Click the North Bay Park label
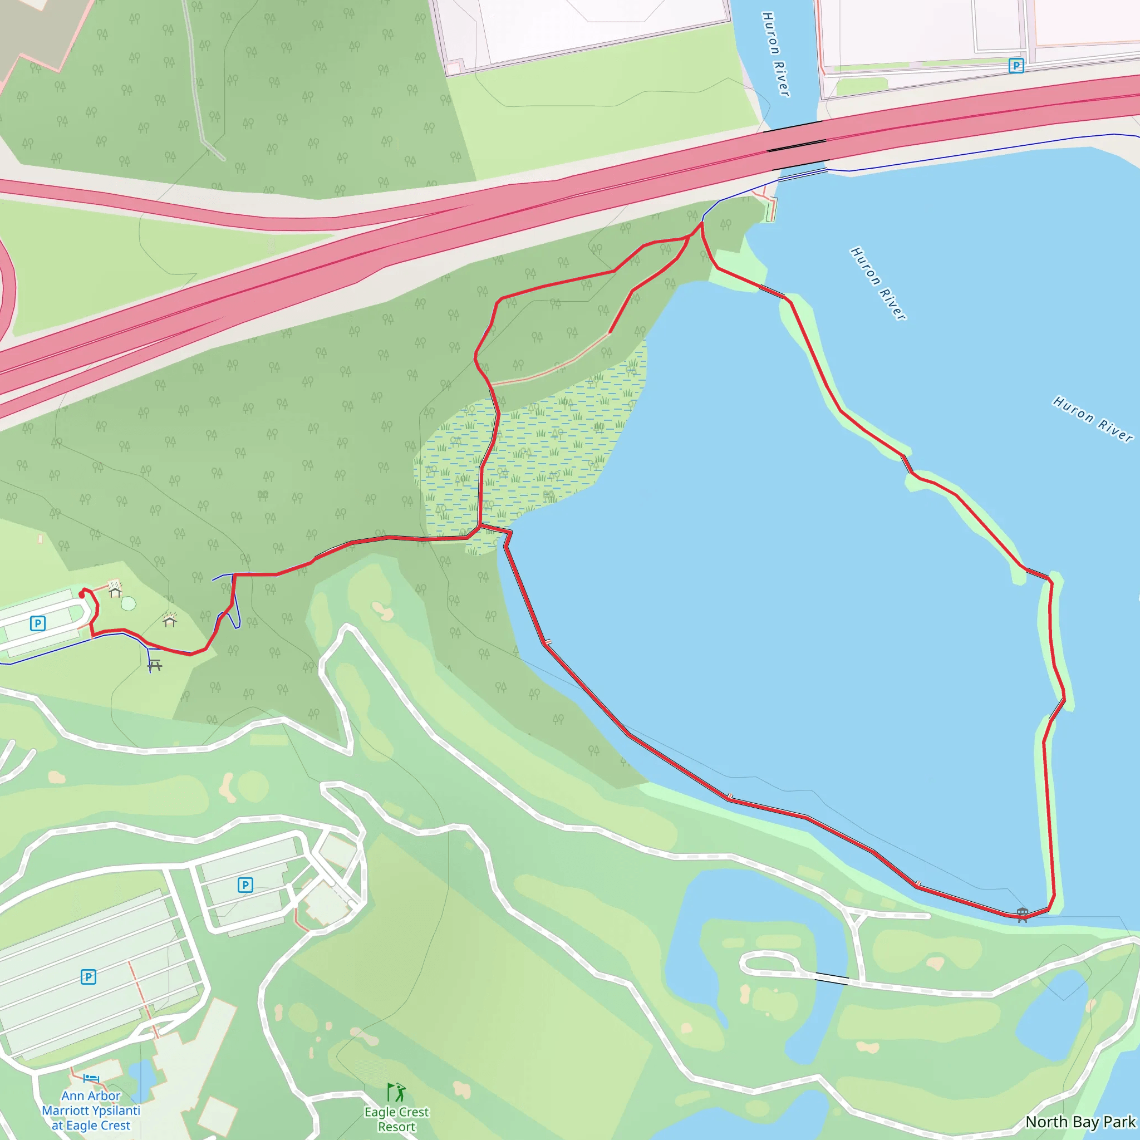pos(1080,1122)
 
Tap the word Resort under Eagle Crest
pos(396,1127)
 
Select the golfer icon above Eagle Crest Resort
pos(396,1092)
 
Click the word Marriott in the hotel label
pos(70,1110)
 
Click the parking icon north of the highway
pos(1015,66)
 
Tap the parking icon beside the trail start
pos(38,623)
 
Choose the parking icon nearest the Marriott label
pos(89,976)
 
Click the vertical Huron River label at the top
pos(776,55)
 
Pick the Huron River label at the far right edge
pos(1093,419)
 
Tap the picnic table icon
pos(155,666)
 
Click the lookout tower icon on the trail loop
pos(1023,914)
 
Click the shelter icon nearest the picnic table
pos(170,620)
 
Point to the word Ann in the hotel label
pos(73,1095)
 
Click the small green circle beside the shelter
pos(129,603)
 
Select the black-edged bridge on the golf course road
pos(832,979)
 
